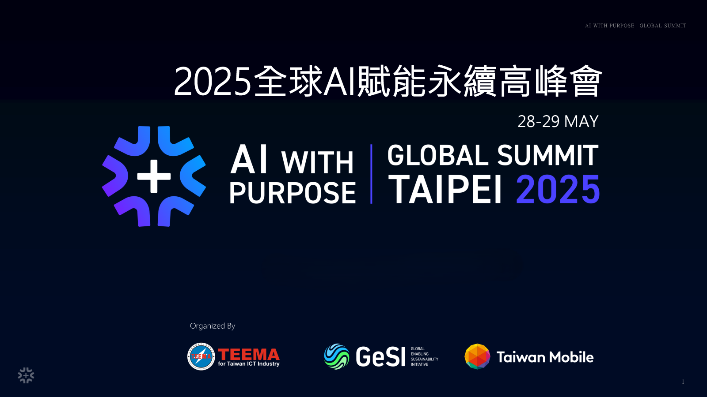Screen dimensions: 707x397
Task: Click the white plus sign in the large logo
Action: [x=154, y=176]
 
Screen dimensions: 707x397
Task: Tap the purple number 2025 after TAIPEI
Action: [x=558, y=189]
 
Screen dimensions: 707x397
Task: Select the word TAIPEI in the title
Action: [x=445, y=189]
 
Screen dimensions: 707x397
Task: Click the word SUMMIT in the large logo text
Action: [x=547, y=155]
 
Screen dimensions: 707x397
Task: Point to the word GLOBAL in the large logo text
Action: [x=438, y=155]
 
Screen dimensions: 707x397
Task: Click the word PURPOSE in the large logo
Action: [x=293, y=193]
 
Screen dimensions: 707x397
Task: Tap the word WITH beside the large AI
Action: [x=317, y=163]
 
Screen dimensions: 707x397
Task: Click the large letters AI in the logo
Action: [x=249, y=159]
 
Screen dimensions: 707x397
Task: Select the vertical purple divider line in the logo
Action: [x=371, y=174]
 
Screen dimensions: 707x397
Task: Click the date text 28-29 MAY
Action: [x=558, y=121]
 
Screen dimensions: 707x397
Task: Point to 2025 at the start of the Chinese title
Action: [x=213, y=81]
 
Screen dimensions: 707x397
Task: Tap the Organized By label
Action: [x=213, y=326]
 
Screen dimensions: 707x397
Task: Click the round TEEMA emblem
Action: [x=201, y=356]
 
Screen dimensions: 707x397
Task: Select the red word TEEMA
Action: [x=249, y=355]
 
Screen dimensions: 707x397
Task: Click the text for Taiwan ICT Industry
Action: [x=249, y=363]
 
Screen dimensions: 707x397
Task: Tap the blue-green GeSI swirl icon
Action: [x=336, y=356]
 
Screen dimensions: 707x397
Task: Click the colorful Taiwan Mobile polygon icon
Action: [x=477, y=356]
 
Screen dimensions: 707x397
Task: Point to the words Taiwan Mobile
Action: [x=545, y=357]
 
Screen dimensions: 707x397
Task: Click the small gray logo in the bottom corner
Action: [x=26, y=375]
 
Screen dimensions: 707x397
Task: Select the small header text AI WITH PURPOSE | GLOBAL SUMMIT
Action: [x=636, y=26]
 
